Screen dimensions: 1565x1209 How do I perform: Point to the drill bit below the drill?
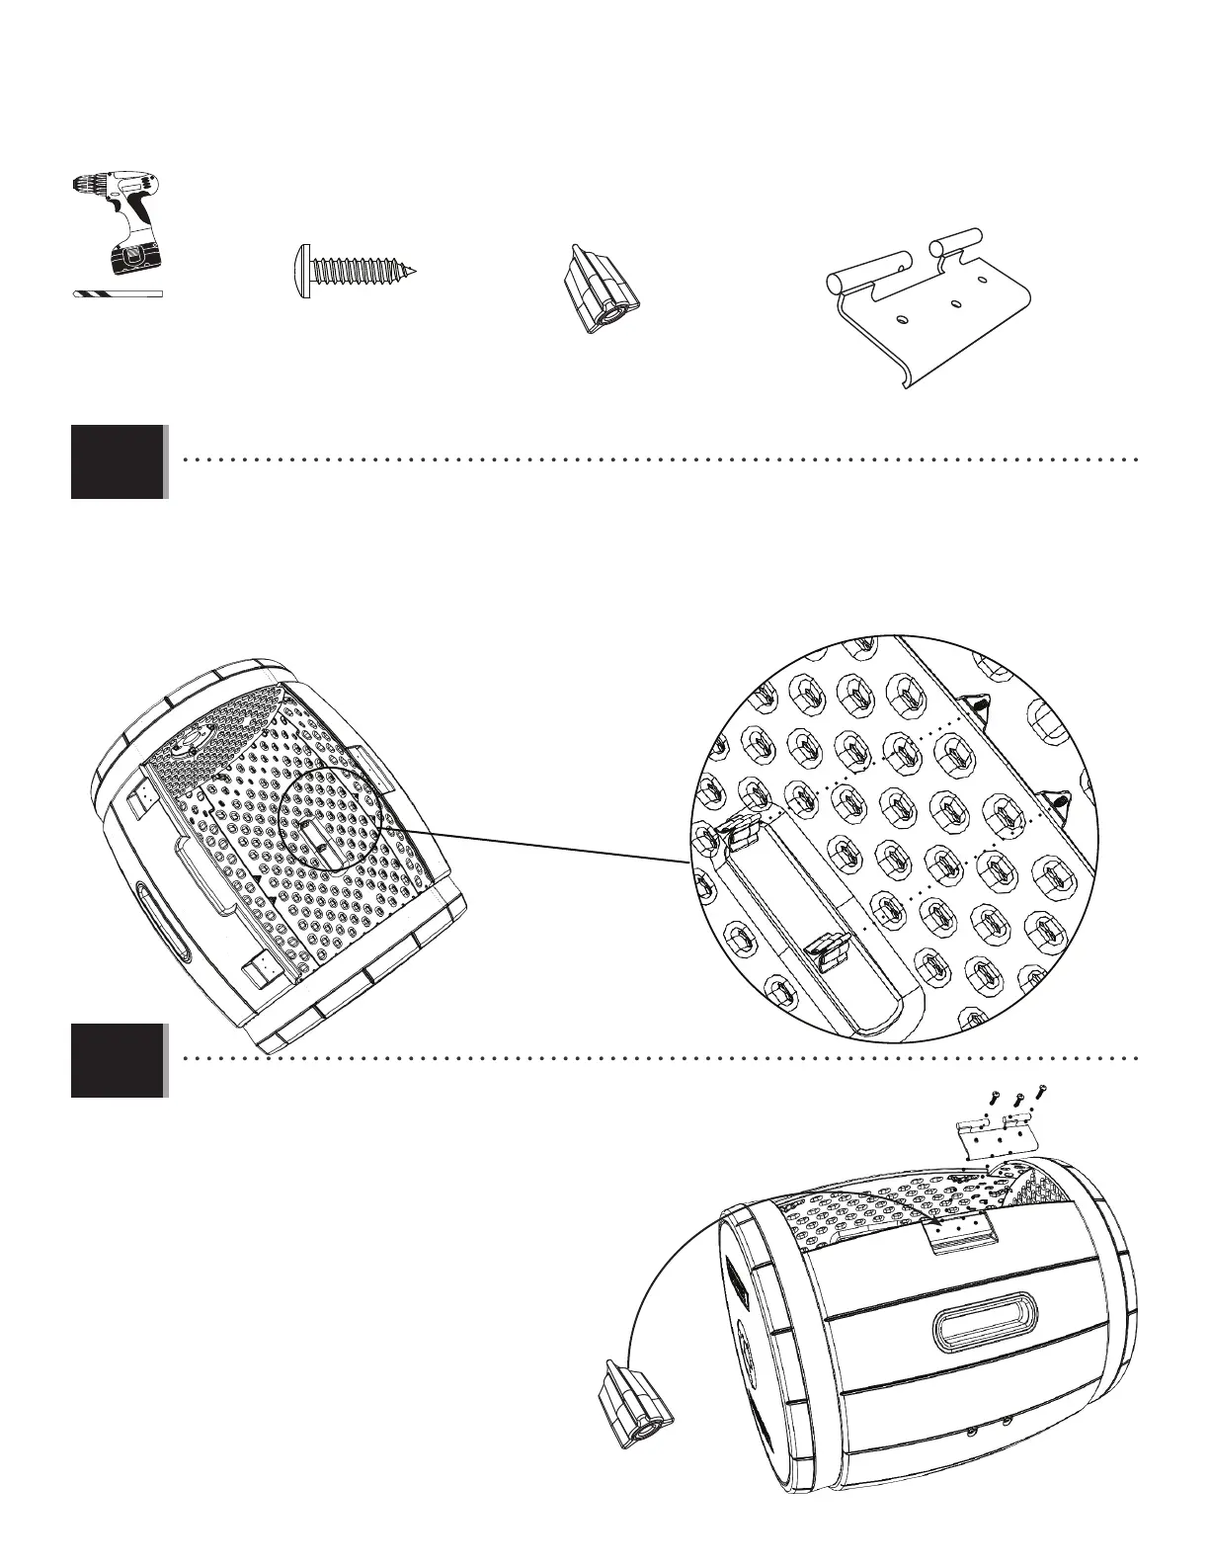(117, 293)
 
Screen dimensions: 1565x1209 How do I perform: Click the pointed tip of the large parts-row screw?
(414, 270)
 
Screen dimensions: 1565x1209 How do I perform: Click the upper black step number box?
(118, 462)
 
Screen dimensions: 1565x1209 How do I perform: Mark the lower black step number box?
(118, 1061)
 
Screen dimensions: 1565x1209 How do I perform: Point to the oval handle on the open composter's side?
(161, 921)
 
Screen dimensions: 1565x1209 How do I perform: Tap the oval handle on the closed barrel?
(982, 1319)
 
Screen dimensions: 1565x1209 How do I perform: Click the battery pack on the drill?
(133, 258)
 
